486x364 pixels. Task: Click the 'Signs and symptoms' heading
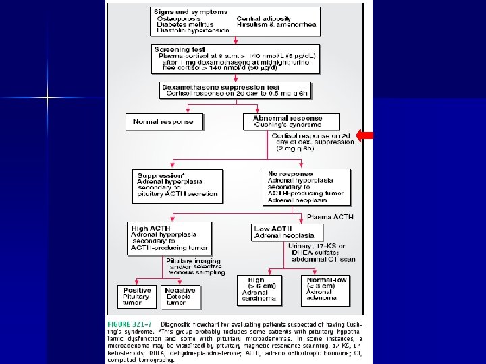point(182,12)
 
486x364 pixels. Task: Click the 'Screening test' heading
point(180,49)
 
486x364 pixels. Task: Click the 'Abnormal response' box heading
point(288,117)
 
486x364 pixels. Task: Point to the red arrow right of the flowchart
point(364,135)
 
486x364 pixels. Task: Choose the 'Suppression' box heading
point(161,175)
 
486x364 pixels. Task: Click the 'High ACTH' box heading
point(150,229)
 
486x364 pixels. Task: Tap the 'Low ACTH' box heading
point(273,229)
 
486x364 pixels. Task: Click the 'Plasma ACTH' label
point(330,217)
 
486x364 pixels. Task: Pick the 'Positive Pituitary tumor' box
point(137,297)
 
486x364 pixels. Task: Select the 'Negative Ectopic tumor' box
point(180,297)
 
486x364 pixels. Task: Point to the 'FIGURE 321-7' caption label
point(130,324)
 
